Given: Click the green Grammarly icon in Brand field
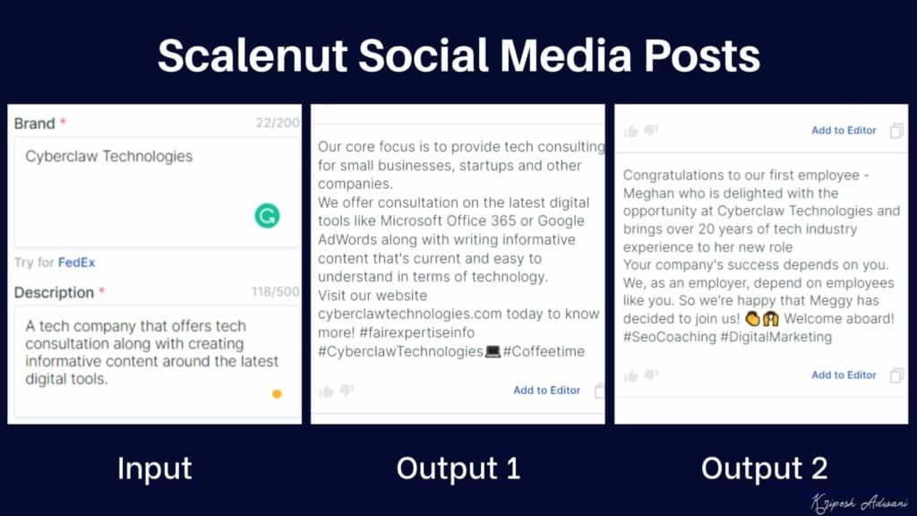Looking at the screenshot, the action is pos(267,215).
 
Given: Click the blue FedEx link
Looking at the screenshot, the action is pos(76,262).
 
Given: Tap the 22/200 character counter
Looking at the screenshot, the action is pos(278,123).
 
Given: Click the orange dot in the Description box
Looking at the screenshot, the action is pos(277,393).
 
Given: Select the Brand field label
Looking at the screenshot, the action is pos(34,124).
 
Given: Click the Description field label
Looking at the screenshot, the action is pos(54,293).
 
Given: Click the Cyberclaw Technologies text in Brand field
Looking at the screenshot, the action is pos(108,156).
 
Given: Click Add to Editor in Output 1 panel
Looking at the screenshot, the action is pos(546,390).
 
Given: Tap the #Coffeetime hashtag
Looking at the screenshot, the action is pos(544,351).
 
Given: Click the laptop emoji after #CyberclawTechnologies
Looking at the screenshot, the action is pos(493,351).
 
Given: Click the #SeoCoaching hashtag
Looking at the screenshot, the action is pos(669,337).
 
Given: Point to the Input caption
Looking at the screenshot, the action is pos(154,468).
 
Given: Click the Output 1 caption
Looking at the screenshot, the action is pos(458,468).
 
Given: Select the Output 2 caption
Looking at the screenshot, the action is pos(764,468).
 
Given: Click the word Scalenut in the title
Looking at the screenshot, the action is pos(252,56).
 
